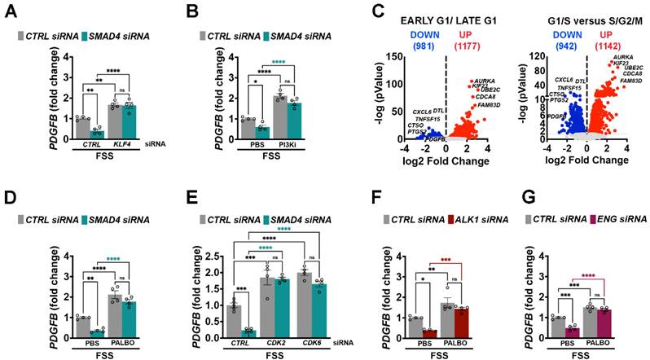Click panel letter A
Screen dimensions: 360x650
point(10,11)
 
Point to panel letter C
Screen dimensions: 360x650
point(354,11)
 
